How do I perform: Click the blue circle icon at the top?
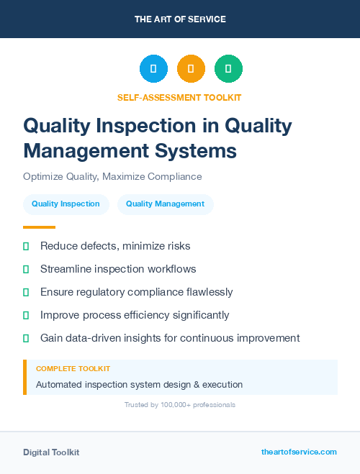coord(153,69)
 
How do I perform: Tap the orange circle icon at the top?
coord(191,69)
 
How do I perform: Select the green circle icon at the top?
coord(228,69)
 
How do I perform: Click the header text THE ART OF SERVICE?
coord(180,19)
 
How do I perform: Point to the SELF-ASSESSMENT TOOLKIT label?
coord(179,97)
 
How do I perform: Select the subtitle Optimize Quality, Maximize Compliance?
coord(112,176)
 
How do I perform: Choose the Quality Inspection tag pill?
coord(66,204)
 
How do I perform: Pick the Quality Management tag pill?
coord(165,204)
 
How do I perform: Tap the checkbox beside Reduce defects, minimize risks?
coord(26,246)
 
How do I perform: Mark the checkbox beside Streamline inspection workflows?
coord(26,269)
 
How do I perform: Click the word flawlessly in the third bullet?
coord(207,292)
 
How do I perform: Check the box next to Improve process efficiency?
coord(26,315)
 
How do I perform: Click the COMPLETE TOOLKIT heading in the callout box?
coord(73,369)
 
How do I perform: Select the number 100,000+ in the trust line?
coord(167,405)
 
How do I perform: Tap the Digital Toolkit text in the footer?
coord(51,452)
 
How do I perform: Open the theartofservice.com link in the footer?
coord(299,452)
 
